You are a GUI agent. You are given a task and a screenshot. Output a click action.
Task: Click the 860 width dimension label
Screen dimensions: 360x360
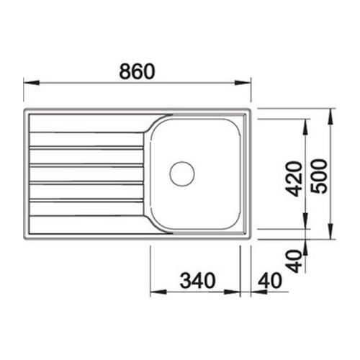[x=137, y=71]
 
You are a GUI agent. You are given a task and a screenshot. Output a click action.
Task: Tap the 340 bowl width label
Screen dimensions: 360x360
[x=198, y=280]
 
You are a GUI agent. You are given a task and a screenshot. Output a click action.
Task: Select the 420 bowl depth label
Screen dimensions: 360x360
[x=294, y=179]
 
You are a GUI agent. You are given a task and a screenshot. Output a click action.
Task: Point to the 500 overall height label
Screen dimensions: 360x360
[x=319, y=176]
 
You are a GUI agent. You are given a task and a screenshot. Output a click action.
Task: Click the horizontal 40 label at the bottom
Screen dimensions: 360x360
[x=269, y=280]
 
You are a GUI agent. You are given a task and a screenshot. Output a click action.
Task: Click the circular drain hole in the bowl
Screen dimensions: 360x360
[x=182, y=174]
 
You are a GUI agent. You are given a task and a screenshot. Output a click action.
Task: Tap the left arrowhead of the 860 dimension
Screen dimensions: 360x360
[x=31, y=82]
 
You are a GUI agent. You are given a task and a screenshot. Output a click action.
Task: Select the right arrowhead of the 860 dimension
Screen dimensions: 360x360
[x=243, y=82]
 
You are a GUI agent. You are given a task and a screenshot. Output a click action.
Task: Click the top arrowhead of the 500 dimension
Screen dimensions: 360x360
[x=330, y=117]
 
